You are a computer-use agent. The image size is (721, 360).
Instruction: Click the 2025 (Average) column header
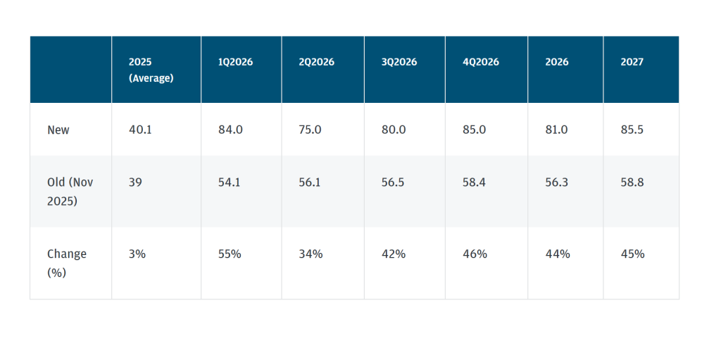coord(151,70)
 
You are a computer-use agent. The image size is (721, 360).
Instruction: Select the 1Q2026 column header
coord(235,62)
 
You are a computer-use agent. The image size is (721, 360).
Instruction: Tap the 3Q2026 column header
coord(399,62)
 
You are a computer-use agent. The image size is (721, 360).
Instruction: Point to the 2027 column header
coord(632,62)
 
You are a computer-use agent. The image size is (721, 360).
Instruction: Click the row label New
coord(58,130)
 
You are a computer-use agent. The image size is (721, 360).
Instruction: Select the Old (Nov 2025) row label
coord(70,191)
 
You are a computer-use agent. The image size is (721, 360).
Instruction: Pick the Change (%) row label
coord(67,262)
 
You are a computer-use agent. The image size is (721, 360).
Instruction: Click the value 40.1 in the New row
coord(141,130)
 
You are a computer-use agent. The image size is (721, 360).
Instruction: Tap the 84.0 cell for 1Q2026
coord(230,130)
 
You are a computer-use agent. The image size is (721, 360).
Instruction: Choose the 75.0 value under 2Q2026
coord(311,130)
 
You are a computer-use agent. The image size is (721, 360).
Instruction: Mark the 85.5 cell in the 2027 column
coord(632,130)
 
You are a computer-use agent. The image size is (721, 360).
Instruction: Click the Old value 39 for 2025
coord(135,182)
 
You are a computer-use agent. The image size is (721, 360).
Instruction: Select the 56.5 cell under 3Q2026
coord(393,182)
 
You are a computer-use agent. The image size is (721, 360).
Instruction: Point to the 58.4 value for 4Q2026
coord(474,182)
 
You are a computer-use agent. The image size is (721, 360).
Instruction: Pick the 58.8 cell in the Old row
coord(632,182)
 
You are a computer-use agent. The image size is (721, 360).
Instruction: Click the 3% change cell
coord(137,254)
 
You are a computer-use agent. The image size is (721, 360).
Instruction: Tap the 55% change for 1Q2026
coord(230,254)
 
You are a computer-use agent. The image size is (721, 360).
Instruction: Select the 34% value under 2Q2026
coord(311,254)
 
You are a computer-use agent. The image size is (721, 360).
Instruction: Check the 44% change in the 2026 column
coord(557,254)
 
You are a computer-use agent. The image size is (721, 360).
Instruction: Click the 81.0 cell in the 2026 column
coord(556,130)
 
